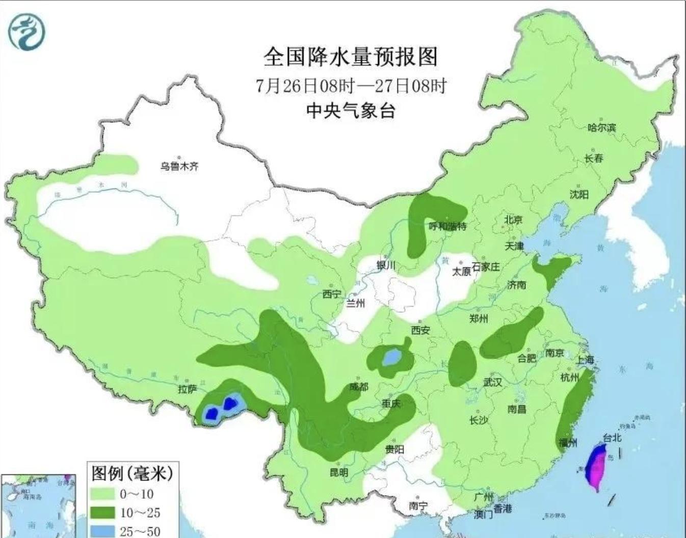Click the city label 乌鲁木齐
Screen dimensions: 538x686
point(179,166)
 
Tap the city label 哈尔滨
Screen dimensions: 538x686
point(601,127)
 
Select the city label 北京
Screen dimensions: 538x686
point(513,220)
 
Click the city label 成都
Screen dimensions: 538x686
point(358,387)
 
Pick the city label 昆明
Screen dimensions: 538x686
point(338,472)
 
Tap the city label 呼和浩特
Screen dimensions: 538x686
point(447,226)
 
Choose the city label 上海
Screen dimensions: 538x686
point(585,360)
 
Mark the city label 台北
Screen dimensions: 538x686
point(612,437)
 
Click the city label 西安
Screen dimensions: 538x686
point(420,330)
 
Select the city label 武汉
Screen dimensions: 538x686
point(492,382)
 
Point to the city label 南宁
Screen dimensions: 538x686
point(418,505)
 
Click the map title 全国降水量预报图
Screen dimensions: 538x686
point(350,57)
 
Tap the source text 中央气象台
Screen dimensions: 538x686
point(350,110)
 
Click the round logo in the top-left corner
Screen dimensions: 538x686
point(27,33)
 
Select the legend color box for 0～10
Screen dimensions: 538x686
point(102,494)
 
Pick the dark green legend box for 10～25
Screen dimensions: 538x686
point(102,512)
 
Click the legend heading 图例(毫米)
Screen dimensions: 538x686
point(132,473)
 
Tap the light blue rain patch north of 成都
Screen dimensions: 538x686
point(391,357)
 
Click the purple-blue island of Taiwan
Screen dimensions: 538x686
point(596,466)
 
